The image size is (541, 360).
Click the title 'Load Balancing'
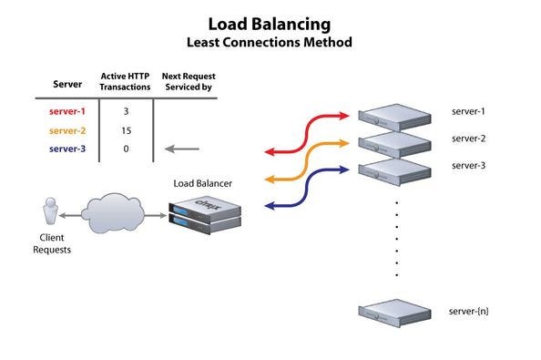coord(269,23)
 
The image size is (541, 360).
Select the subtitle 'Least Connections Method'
coord(269,42)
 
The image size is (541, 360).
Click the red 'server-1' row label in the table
coord(67,110)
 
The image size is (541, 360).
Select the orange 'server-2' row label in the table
coord(67,129)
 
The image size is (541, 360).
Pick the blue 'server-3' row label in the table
coord(67,149)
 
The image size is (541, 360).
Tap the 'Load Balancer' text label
coord(202,184)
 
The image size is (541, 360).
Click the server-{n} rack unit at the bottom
coord(394,312)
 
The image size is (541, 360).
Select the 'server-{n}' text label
coord(469,312)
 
